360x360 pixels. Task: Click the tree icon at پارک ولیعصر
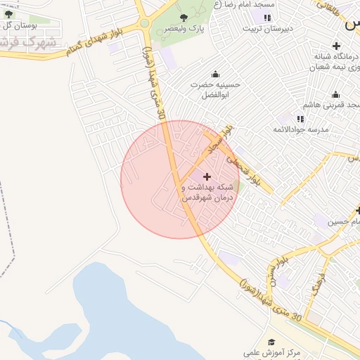click(x=184, y=17)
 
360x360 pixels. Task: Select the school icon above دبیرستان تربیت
click(x=267, y=18)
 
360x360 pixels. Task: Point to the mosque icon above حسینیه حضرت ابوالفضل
click(x=215, y=74)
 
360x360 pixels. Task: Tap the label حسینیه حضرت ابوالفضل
click(x=216, y=89)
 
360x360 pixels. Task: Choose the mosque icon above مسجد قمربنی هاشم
click(x=335, y=94)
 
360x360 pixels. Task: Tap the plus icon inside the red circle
click(x=206, y=176)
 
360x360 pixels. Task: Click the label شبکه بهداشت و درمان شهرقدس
click(x=207, y=193)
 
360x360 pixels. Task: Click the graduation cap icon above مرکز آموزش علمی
click(x=271, y=342)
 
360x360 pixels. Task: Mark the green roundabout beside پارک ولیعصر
click(x=144, y=22)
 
